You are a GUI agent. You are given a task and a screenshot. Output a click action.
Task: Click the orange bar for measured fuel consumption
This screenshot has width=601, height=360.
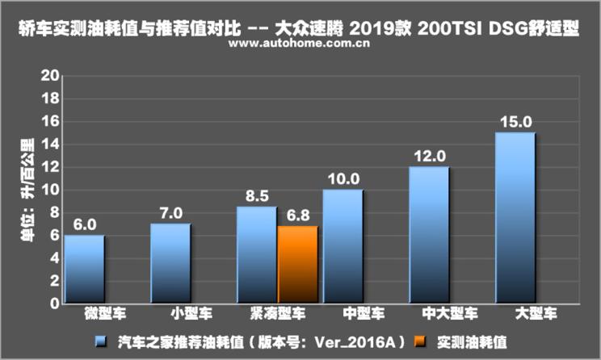tap(297, 264)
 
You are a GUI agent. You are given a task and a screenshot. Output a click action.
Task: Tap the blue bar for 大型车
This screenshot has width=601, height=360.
tap(515, 218)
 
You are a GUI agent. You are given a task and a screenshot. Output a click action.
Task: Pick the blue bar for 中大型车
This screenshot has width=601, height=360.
tap(429, 235)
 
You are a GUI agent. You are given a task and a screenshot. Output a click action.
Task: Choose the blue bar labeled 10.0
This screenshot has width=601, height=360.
tap(343, 246)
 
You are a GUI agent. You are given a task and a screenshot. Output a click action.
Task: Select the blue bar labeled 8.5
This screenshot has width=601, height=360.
tap(257, 255)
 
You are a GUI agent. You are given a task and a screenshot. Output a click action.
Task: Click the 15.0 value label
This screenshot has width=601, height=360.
tap(515, 122)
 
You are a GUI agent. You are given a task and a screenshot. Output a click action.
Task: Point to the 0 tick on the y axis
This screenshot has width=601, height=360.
tap(54, 303)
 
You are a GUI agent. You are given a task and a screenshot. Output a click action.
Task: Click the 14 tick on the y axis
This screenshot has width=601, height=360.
tap(50, 144)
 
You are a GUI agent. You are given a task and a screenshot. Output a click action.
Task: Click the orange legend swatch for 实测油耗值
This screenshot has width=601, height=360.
tap(419, 341)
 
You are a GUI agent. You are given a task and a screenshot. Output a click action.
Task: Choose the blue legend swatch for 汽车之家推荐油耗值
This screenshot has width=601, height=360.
tap(100, 341)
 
